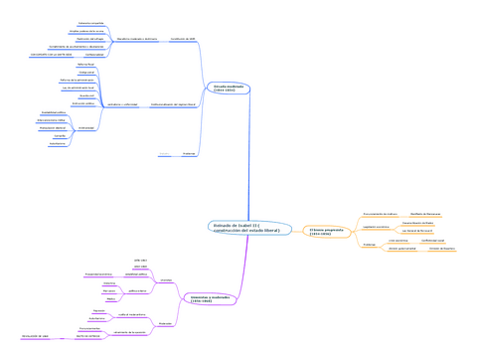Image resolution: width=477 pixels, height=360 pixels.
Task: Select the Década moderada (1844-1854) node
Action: [224, 89]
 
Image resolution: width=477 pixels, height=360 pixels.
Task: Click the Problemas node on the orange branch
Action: [367, 243]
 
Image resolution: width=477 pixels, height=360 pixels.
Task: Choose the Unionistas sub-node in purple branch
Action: [166, 279]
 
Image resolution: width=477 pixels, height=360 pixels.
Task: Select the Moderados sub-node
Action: [167, 324]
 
